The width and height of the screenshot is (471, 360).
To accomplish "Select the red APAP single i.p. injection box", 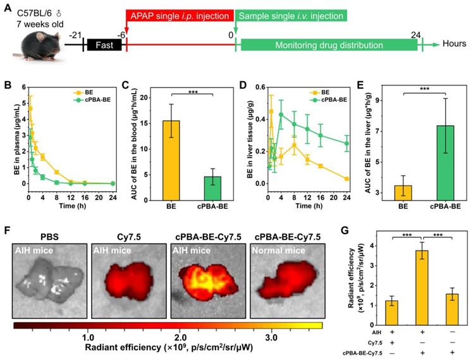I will pos(180,14).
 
